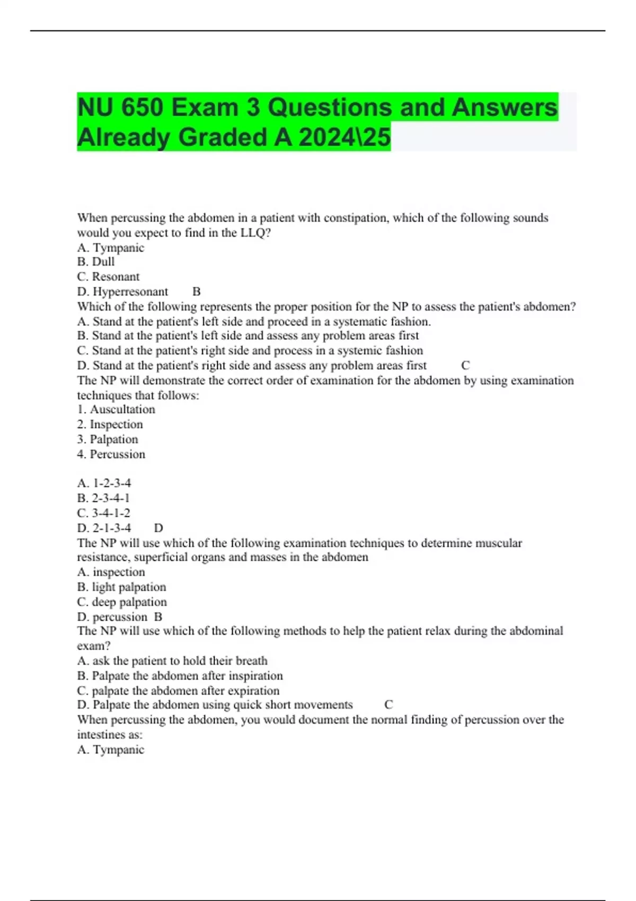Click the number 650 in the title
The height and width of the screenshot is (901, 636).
pyautogui.click(x=142, y=108)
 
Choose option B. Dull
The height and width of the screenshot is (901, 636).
pyautogui.click(x=96, y=262)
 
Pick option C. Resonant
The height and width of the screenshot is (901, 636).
pyautogui.click(x=108, y=277)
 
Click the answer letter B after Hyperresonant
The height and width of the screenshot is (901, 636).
pyautogui.click(x=197, y=291)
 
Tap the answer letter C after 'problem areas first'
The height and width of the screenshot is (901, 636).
pyautogui.click(x=465, y=365)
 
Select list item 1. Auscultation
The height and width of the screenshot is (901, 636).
pyautogui.click(x=116, y=409)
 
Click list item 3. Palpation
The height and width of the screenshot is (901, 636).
pyautogui.click(x=108, y=439)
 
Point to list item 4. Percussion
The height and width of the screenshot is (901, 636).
pyautogui.click(x=111, y=454)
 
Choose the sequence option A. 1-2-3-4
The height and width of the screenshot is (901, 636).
pyautogui.click(x=104, y=483)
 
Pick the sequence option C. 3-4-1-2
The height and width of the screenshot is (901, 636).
pyautogui.click(x=104, y=513)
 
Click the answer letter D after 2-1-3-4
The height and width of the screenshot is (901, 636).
pyautogui.click(x=158, y=528)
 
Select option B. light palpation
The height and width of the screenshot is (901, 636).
pyautogui.click(x=121, y=587)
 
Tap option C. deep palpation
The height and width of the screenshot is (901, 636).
pyautogui.click(x=122, y=602)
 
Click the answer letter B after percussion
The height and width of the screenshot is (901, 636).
pyautogui.click(x=158, y=617)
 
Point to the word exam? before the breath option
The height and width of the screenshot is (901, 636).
pyautogui.click(x=94, y=646)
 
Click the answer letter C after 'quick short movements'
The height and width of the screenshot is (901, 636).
pyautogui.click(x=388, y=705)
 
